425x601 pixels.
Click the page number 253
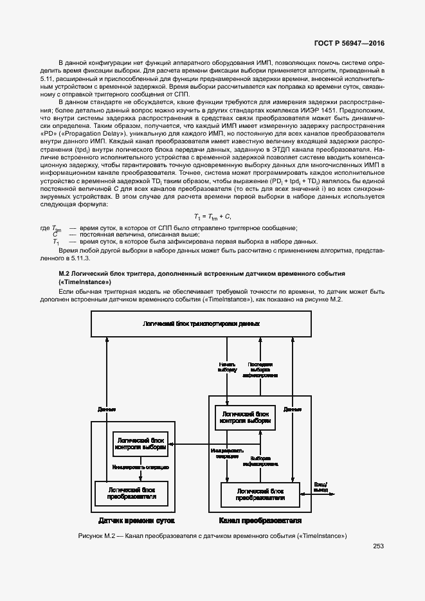click(378, 547)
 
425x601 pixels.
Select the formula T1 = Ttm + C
click(212, 216)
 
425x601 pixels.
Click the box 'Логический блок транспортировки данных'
click(202, 323)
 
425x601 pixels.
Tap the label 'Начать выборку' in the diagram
click(228, 367)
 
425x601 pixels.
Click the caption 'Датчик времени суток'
click(136, 519)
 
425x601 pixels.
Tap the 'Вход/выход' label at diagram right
click(320, 486)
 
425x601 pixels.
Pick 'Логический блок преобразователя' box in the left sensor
click(131, 493)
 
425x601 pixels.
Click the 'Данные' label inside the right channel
click(293, 408)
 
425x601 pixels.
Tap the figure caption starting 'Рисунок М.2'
click(212, 535)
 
